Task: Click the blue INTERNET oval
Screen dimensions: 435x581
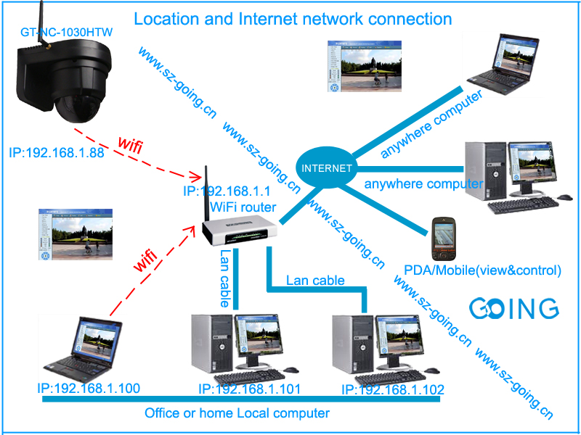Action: [327, 167]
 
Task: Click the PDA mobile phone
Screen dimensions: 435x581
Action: [444, 239]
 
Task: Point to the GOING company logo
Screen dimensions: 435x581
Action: [513, 307]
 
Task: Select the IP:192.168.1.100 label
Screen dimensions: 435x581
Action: [89, 389]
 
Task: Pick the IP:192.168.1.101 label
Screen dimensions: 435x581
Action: [249, 390]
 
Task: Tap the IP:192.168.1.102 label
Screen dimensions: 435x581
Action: [392, 390]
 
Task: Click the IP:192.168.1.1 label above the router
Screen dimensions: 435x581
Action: [227, 192]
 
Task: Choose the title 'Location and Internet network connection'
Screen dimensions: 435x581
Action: [293, 19]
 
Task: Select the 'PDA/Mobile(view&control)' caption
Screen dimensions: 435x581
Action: [482, 270]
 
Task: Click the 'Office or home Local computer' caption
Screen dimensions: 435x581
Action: [237, 413]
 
